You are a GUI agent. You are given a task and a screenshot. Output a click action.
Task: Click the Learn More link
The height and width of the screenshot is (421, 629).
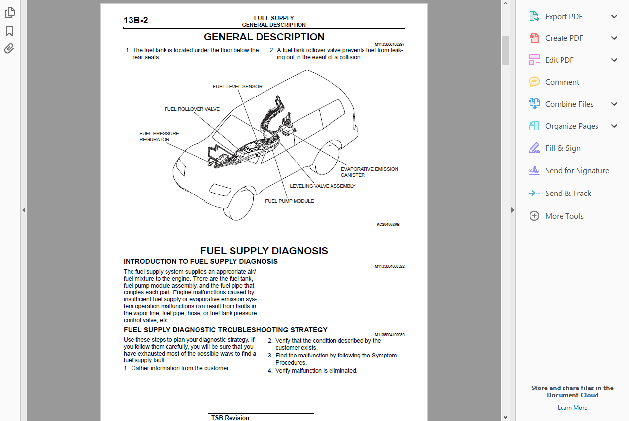pyautogui.click(x=572, y=408)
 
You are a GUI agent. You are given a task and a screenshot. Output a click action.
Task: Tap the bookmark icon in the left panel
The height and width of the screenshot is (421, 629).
pyautogui.click(x=9, y=31)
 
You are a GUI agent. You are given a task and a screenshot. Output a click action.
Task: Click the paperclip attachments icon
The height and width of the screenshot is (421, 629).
pyautogui.click(x=9, y=49)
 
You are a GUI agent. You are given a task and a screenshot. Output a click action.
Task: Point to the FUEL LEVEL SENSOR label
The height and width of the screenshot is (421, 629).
pyautogui.click(x=237, y=87)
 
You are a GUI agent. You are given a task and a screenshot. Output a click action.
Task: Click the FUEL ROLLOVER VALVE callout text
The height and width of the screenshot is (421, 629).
pyautogui.click(x=192, y=109)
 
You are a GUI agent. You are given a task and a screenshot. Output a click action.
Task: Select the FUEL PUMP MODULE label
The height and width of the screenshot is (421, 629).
pyautogui.click(x=290, y=201)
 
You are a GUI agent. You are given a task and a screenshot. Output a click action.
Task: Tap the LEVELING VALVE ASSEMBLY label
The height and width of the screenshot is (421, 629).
pyautogui.click(x=323, y=186)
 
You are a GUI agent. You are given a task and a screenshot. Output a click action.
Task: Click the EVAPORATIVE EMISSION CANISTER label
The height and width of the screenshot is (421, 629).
pyautogui.click(x=369, y=172)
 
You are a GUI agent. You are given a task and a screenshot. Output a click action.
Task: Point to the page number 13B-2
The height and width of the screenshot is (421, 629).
pyautogui.click(x=136, y=20)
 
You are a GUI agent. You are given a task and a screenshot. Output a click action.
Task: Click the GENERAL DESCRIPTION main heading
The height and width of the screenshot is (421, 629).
pyautogui.click(x=264, y=37)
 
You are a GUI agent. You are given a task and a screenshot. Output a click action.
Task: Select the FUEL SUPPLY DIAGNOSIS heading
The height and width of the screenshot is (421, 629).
pyautogui.click(x=264, y=251)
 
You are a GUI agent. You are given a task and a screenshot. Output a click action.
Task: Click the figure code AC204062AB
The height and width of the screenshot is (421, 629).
pyautogui.click(x=388, y=224)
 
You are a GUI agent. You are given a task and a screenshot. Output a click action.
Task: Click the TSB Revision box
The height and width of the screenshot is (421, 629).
pyautogui.click(x=261, y=418)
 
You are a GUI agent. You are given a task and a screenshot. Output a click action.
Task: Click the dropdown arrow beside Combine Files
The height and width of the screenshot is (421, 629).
pyautogui.click(x=614, y=104)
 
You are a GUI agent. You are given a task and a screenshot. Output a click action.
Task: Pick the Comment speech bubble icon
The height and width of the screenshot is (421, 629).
pyautogui.click(x=534, y=82)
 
